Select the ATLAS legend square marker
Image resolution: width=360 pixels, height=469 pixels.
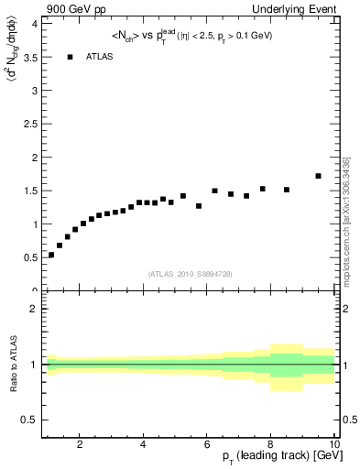coord(70,57)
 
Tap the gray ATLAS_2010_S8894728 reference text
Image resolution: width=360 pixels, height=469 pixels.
coord(190,274)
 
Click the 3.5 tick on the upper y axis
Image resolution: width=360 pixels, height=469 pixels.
coord(28,57)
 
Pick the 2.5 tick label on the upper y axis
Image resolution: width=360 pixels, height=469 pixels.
coord(28,124)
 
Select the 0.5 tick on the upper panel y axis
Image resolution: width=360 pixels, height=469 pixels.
coord(28,257)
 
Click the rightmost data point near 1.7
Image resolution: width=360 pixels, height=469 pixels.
coord(318,176)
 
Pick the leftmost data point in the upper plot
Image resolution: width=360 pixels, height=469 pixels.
coord(51,255)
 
